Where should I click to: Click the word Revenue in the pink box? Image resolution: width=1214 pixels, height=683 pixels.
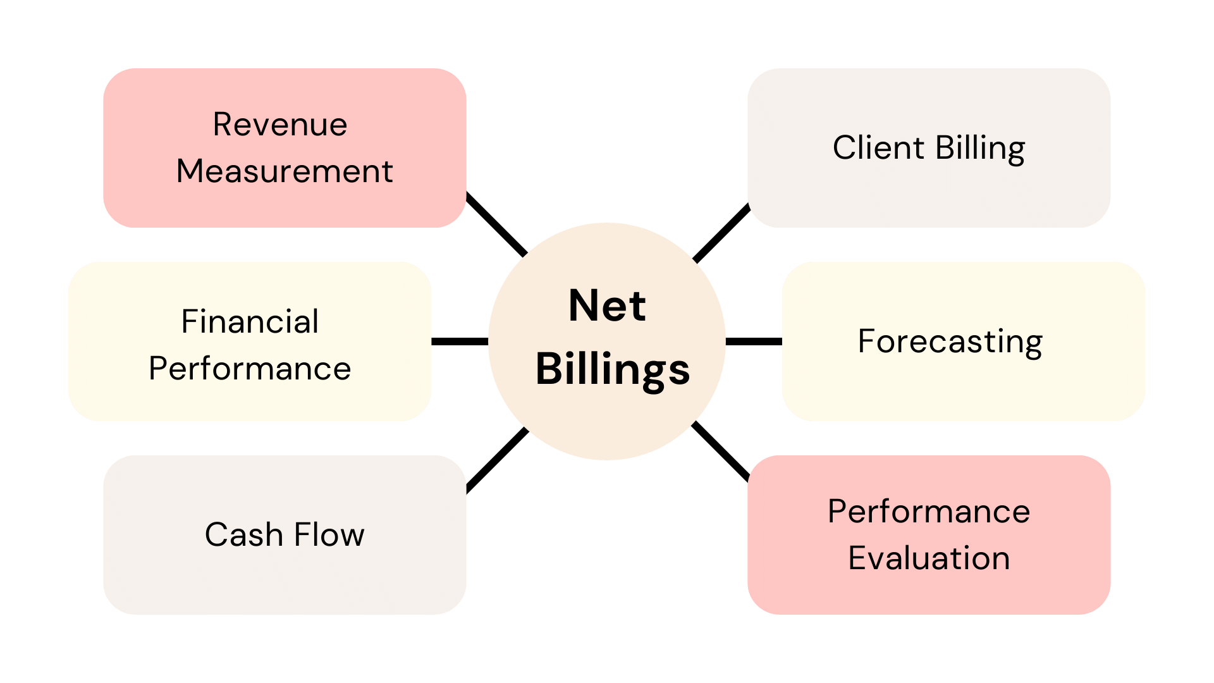[279, 125]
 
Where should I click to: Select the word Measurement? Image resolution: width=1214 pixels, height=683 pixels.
[285, 171]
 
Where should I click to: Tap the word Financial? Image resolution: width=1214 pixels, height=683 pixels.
[250, 322]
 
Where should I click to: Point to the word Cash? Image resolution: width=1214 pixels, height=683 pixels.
[243, 535]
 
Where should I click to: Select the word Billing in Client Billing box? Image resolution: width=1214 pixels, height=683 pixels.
[980, 149]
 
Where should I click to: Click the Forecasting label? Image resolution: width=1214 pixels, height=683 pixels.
[950, 342]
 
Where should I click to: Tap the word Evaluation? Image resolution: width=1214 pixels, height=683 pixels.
[929, 558]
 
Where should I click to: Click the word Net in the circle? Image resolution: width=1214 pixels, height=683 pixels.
[607, 306]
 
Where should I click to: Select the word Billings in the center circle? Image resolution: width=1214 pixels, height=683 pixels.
[612, 369]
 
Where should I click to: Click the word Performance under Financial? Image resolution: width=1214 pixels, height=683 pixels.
[250, 369]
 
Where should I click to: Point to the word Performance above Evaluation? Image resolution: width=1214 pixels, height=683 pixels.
[929, 512]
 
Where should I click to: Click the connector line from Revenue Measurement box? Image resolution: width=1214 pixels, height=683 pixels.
[497, 225]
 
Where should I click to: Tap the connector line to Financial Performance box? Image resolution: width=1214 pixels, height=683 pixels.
[460, 341]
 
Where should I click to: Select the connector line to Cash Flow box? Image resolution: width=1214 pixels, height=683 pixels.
[497, 459]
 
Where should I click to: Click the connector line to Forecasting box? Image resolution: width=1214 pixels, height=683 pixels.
[754, 341]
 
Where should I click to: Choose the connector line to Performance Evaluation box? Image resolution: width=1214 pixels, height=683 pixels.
[721, 450]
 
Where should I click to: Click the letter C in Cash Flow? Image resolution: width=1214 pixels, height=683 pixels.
[216, 535]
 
